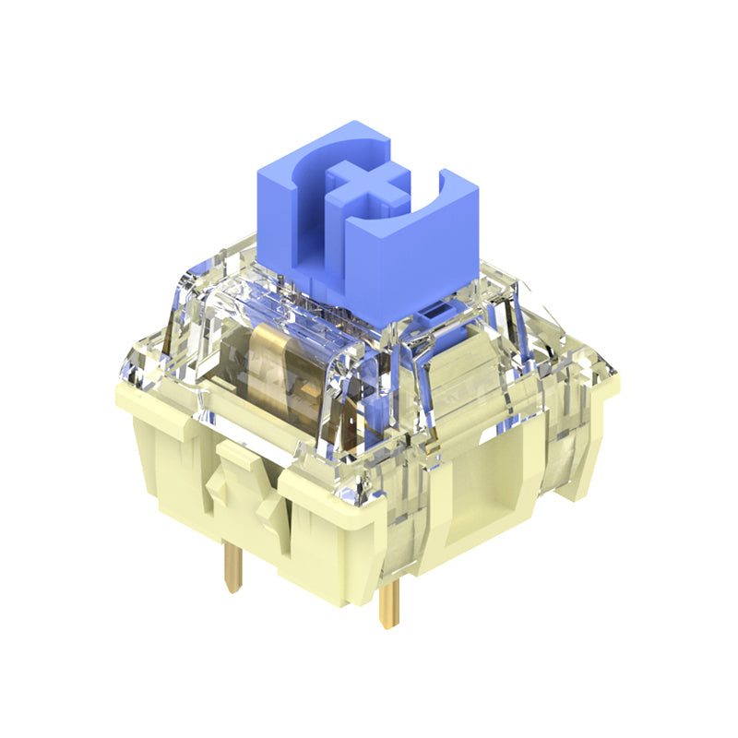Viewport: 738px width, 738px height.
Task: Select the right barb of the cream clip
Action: point(268,507)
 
